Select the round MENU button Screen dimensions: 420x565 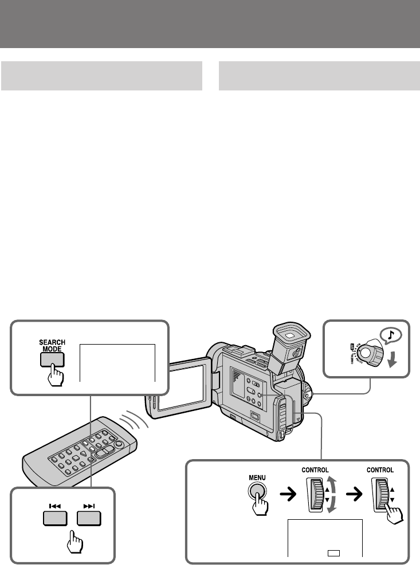(x=258, y=491)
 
